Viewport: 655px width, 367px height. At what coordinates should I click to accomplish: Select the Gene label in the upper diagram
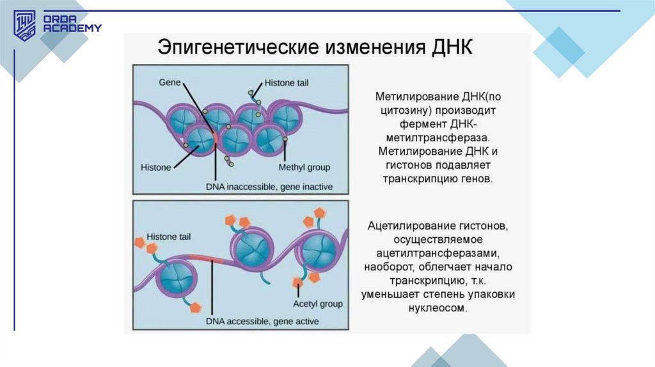point(170,83)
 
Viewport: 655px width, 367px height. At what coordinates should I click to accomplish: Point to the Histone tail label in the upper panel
point(285,84)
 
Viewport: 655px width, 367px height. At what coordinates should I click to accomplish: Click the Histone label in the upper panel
point(155,168)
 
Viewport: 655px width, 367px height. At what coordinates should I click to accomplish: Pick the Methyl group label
point(304,168)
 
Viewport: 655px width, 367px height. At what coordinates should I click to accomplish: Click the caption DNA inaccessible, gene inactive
point(269,187)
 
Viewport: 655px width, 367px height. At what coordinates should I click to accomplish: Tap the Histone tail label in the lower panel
point(168,237)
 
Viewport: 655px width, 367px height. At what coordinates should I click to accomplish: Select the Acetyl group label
point(318,304)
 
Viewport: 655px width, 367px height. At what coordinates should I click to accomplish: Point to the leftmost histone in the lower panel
point(173,276)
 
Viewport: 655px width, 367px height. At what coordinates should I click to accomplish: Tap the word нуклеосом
point(438,308)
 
